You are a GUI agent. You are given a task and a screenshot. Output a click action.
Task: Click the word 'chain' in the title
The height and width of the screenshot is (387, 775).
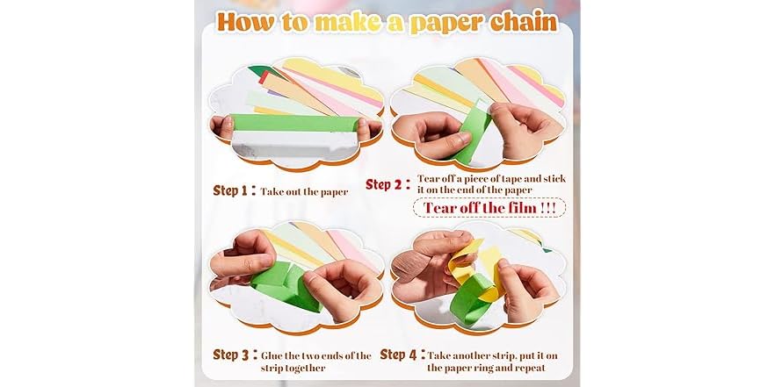tap(519, 21)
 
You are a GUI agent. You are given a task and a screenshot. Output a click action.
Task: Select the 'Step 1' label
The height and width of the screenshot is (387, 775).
tap(235, 190)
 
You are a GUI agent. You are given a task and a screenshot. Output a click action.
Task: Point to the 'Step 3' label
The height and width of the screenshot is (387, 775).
tap(235, 355)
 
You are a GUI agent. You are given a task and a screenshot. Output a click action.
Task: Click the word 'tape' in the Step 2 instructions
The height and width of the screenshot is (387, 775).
tap(503, 179)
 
